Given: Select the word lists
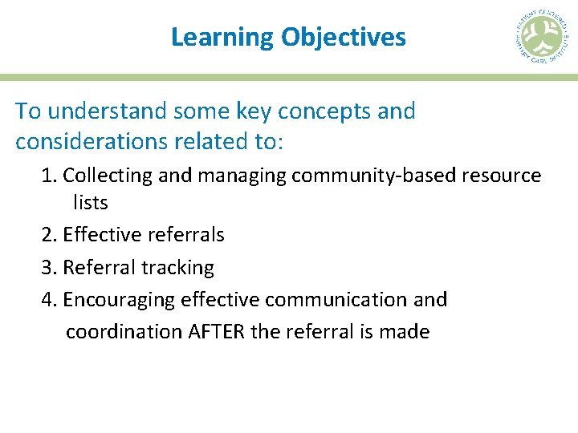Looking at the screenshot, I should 90,203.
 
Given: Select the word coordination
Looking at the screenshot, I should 124,332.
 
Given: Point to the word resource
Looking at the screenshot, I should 503,176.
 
